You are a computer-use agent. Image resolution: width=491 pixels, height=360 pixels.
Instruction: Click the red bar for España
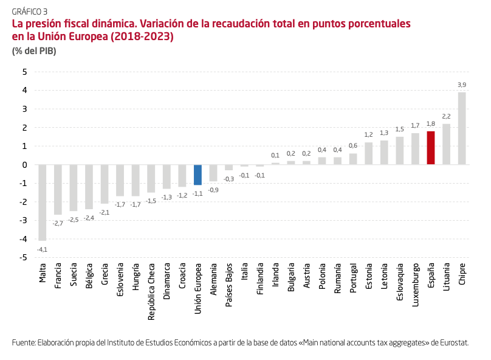coord(431,148)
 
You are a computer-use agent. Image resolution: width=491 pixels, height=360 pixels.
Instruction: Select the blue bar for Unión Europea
coord(197,175)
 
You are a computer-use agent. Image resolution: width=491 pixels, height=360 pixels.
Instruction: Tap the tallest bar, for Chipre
coord(462,128)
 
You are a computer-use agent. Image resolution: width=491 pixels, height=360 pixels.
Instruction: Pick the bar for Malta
coord(43,202)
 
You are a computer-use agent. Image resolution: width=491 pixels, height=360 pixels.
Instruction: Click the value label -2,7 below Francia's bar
coord(58,223)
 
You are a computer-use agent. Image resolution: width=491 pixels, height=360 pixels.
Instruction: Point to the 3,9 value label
coord(462,85)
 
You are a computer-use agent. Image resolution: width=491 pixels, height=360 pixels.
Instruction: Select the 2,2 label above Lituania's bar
coord(446,116)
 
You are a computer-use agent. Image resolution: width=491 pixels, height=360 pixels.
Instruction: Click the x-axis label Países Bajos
coord(229,279)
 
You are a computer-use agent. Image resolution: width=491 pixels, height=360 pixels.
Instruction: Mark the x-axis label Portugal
coord(353,277)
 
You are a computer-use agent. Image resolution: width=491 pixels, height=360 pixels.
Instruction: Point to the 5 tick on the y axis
coord(25,72)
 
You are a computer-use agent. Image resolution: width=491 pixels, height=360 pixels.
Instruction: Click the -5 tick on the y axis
coord(24,258)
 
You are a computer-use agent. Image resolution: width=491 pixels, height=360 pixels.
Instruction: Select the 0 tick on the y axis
coord(25,165)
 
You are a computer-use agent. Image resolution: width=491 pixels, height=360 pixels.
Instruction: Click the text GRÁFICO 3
coord(30,11)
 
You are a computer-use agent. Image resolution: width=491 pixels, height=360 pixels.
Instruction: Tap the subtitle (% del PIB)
coord(34,51)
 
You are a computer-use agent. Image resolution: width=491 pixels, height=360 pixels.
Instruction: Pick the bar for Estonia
coord(368,153)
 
